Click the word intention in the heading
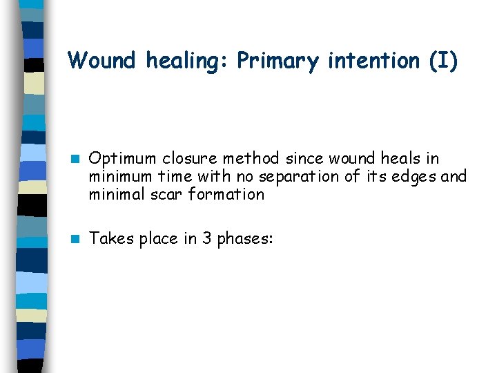[373, 61]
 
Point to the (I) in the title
[442, 61]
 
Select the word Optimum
[124, 160]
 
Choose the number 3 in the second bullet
[206, 239]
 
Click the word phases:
[246, 240]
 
